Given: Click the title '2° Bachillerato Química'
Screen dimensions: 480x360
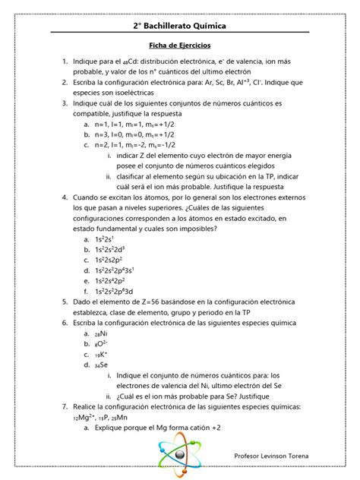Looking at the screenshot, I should point(179,27).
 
